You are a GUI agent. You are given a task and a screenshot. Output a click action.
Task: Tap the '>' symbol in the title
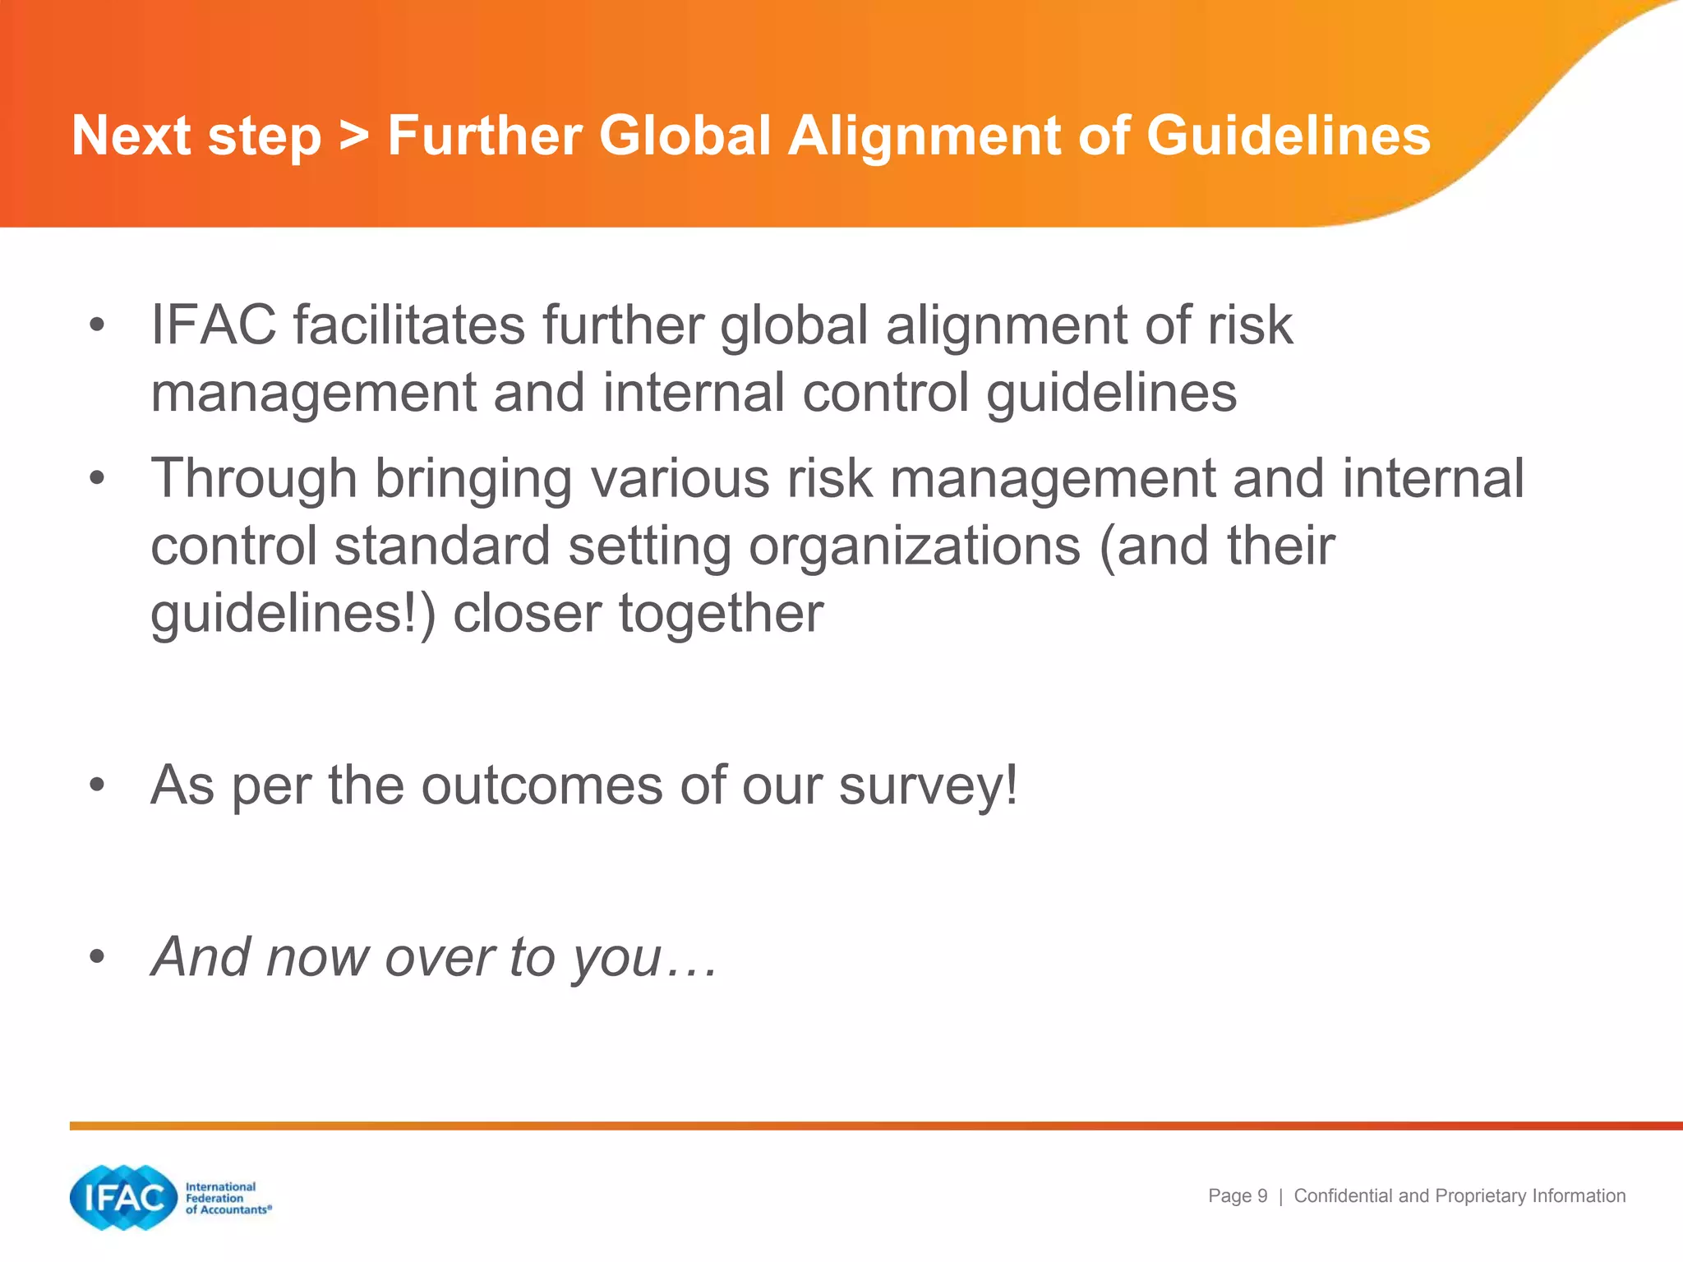point(354,136)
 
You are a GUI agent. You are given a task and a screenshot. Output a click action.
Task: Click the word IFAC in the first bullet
point(213,325)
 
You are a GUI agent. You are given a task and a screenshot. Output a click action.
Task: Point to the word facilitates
point(408,325)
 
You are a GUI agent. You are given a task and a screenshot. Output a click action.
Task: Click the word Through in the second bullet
point(253,480)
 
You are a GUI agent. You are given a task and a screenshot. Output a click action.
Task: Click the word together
point(720,615)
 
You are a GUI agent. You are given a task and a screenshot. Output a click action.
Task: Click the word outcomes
point(541,786)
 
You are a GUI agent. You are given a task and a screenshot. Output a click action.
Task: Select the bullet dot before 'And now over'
point(98,957)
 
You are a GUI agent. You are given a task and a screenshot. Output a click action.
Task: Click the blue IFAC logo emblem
point(124,1198)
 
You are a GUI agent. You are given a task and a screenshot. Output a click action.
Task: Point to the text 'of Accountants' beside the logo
point(227,1209)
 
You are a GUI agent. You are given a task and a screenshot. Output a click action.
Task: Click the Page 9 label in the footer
point(1237,1196)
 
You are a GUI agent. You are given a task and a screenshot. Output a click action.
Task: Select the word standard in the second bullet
point(441,547)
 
